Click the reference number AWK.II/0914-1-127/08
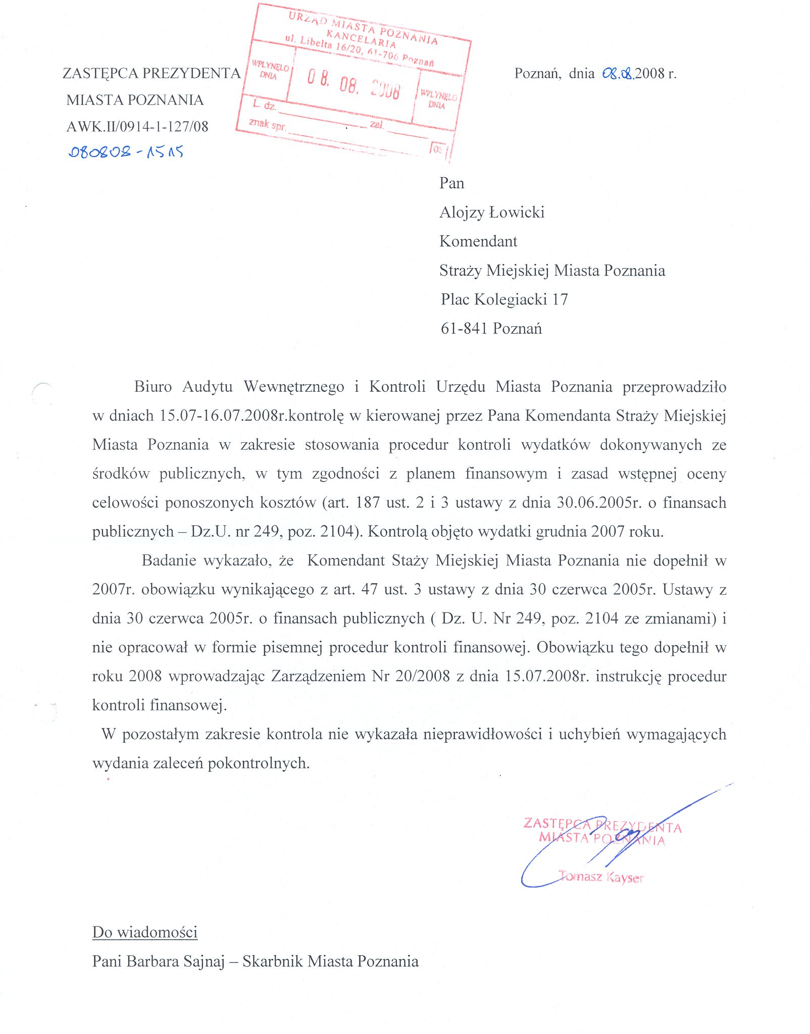click(x=137, y=126)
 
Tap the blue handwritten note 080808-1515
click(x=126, y=151)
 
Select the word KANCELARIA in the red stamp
click(x=361, y=39)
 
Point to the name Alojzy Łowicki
click(x=492, y=212)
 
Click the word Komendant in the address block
click(x=478, y=241)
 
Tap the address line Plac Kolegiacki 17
click(x=504, y=299)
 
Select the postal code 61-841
click(x=464, y=329)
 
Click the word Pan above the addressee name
click(x=451, y=183)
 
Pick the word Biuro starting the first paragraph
click(x=153, y=387)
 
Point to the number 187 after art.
click(x=368, y=503)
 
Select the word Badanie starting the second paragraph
click(x=169, y=560)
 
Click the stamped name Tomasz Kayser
click(x=601, y=876)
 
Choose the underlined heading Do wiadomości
click(x=145, y=932)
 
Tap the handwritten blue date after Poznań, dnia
click(x=618, y=74)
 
